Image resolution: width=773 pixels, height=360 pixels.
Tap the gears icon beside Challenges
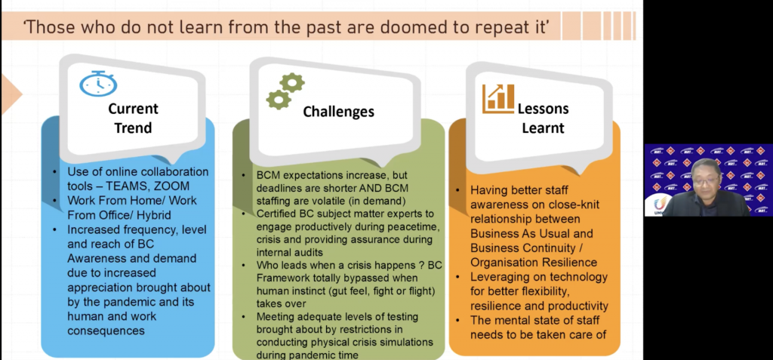(284, 92)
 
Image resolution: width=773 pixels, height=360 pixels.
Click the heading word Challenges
(338, 112)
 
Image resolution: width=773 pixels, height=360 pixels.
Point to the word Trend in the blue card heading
(133, 128)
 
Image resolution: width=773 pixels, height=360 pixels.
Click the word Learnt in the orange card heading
(543, 128)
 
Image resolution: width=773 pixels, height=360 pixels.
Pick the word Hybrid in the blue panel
(156, 214)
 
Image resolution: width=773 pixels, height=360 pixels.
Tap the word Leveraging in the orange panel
(501, 277)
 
